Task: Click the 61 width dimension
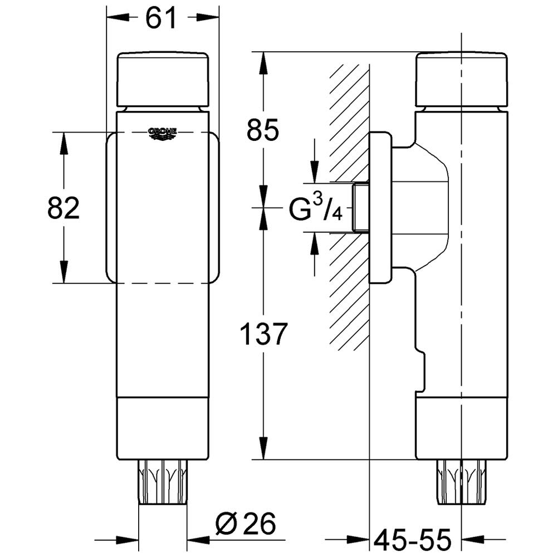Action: (x=161, y=18)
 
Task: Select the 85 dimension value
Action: (x=263, y=130)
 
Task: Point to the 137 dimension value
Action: (x=263, y=334)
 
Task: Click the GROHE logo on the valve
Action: (x=162, y=133)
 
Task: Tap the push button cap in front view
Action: (x=163, y=80)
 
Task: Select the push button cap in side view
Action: (x=462, y=80)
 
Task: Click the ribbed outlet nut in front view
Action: (x=163, y=482)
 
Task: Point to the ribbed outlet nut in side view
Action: (x=461, y=482)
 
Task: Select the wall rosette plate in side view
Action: (x=381, y=208)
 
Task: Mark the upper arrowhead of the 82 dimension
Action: (x=63, y=143)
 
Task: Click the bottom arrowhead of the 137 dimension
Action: (x=263, y=448)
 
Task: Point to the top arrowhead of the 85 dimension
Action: (x=263, y=63)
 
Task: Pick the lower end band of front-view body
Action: (x=163, y=428)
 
